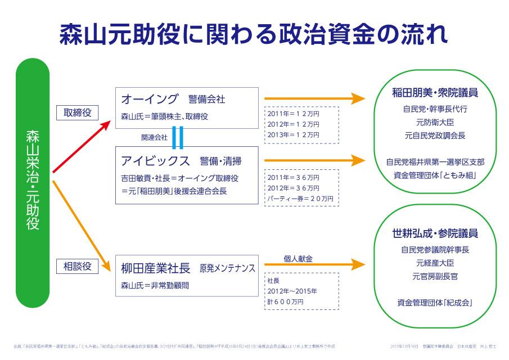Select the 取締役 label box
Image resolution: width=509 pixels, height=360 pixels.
(78, 113)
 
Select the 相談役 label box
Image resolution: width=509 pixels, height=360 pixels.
(78, 265)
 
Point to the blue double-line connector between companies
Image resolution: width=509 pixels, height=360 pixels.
(178, 137)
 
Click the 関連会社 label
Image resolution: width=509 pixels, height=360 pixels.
(154, 137)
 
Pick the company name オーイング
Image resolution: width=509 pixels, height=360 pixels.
(150, 100)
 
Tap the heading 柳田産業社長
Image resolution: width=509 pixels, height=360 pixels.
(156, 269)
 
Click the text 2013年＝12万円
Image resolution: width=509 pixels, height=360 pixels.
(294, 134)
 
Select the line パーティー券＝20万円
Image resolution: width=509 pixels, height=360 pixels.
(300, 199)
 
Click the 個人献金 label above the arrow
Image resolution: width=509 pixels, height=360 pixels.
(298, 259)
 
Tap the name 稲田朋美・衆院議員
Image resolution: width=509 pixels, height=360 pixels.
(435, 92)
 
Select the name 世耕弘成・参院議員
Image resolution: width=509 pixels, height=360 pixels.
(435, 233)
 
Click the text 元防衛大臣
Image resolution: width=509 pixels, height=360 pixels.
(435, 122)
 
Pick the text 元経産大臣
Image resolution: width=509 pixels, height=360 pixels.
(435, 263)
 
